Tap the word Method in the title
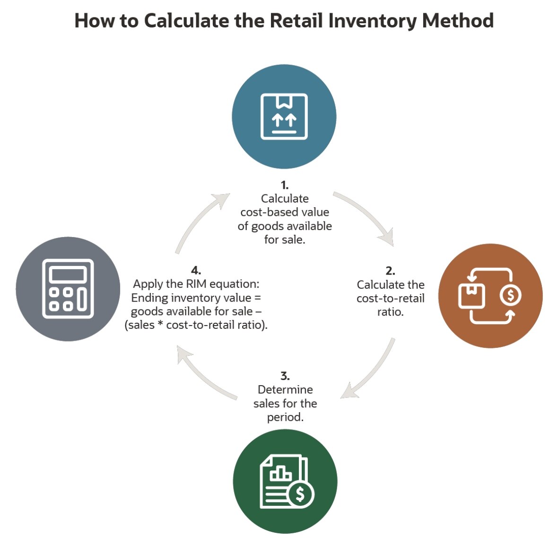tap(458, 21)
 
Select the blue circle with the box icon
tap(284, 116)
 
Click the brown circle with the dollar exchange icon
tap(490, 296)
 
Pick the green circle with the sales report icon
tap(285, 481)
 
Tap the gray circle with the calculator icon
tap(68, 289)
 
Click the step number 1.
tap(284, 185)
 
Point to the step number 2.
tap(390, 271)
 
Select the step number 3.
tap(285, 376)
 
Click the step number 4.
tap(196, 271)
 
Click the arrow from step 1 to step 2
tap(366, 215)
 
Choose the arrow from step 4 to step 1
tap(199, 220)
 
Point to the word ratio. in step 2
tap(390, 312)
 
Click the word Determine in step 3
tap(285, 390)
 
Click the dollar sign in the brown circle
tap(510, 295)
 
